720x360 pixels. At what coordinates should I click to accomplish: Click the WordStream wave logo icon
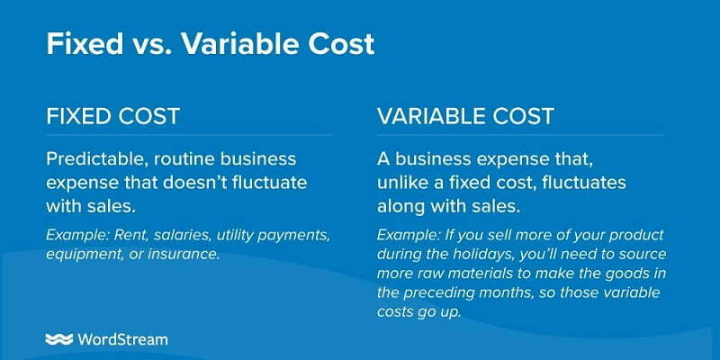[x=58, y=340]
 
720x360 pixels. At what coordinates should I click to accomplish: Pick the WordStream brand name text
[x=122, y=340]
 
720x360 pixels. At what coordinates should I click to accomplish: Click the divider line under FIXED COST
[x=189, y=135]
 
